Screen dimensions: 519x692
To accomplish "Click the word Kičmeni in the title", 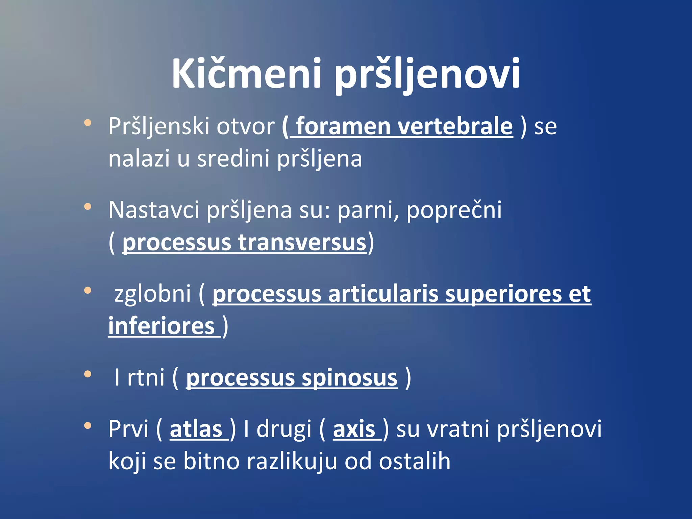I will click(x=246, y=74).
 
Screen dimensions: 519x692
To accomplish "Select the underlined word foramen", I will click(x=343, y=126).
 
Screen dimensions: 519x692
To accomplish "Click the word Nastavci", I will click(x=154, y=210).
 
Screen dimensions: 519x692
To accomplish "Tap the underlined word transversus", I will click(x=302, y=242).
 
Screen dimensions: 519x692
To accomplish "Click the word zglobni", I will click(x=153, y=294).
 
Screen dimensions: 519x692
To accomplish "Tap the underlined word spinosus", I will click(x=349, y=378).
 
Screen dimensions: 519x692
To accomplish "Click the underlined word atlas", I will click(x=196, y=429).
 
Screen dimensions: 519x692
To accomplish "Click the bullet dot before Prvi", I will click(x=88, y=425).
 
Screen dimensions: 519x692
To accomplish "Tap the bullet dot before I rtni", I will click(x=88, y=374).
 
